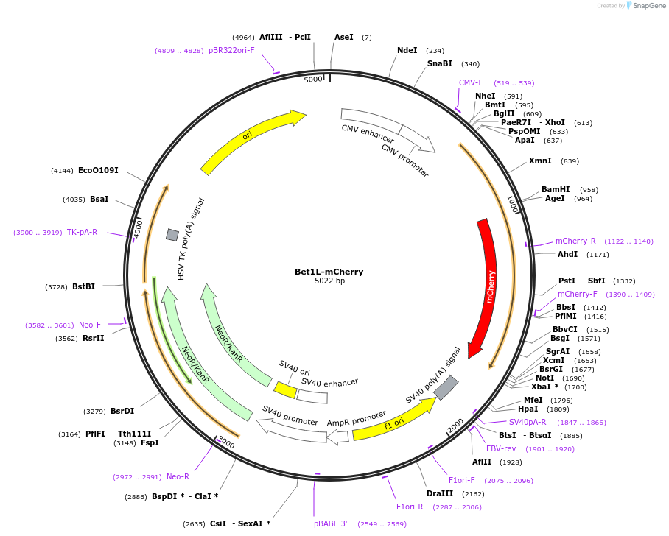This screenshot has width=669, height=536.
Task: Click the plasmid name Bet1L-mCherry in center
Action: [x=329, y=272]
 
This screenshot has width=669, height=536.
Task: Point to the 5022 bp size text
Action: [x=329, y=281]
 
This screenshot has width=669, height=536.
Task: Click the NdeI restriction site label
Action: [x=407, y=51]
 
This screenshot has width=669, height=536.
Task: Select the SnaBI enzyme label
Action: [x=440, y=64]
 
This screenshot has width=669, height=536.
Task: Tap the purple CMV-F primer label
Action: [x=471, y=83]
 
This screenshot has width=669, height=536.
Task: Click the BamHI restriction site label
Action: [x=556, y=190]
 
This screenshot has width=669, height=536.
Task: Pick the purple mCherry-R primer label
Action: [x=575, y=241]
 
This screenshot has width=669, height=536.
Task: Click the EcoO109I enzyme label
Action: [x=98, y=171]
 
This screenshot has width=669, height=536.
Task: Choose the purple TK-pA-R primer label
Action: [x=82, y=233]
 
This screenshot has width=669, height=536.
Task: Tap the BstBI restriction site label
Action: [x=83, y=286]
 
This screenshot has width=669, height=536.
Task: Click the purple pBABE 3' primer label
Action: [x=330, y=524]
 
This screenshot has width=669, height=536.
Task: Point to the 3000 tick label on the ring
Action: [x=225, y=443]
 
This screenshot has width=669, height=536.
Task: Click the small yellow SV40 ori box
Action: [x=285, y=389]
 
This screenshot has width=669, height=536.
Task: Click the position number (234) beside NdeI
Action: [x=435, y=51]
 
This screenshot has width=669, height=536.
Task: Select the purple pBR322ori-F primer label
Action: [x=231, y=51]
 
